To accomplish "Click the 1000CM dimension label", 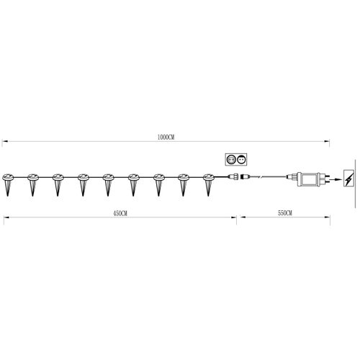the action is point(166,138).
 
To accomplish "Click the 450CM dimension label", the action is point(120,213).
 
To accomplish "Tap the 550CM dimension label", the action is point(285,213).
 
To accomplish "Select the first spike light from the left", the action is point(8,184).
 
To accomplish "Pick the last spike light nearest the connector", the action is point(208,184).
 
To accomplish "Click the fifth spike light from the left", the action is point(108,184).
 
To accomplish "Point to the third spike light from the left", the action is point(58,184).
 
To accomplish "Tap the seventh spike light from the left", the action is point(158,184).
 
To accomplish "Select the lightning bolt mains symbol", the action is point(348,178).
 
